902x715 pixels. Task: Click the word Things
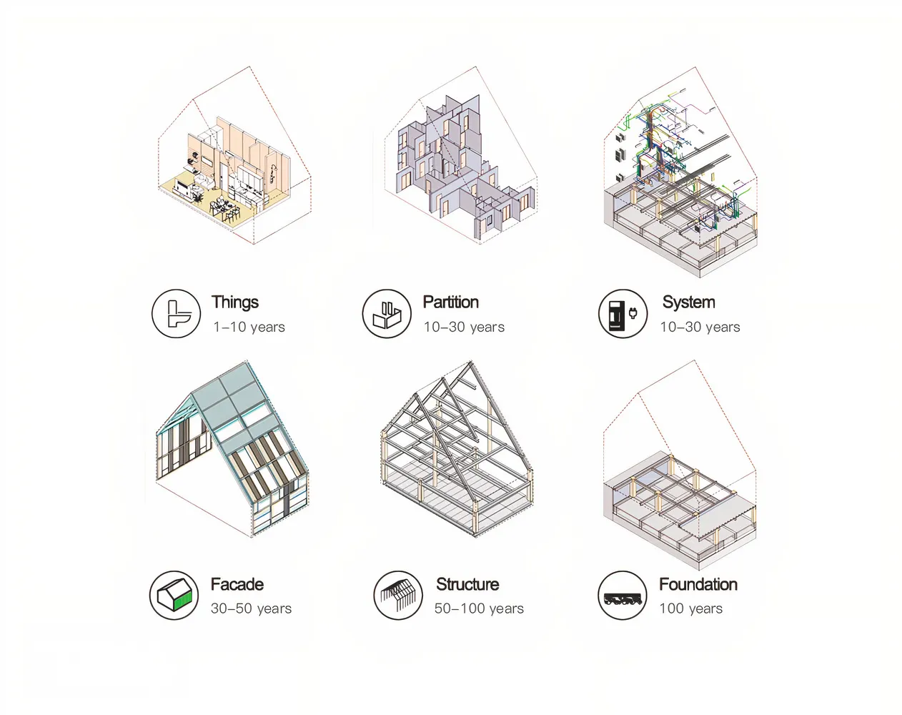pyautogui.click(x=234, y=302)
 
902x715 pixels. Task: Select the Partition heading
pyautogui.click(x=450, y=302)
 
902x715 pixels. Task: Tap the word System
pyautogui.click(x=689, y=302)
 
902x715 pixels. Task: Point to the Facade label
pyautogui.click(x=237, y=584)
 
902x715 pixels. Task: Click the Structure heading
pyautogui.click(x=467, y=584)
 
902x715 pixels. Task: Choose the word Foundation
pyautogui.click(x=698, y=584)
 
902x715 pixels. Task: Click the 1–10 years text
pyautogui.click(x=249, y=327)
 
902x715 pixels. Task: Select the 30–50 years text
pyautogui.click(x=251, y=608)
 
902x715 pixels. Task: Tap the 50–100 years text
pyautogui.click(x=479, y=608)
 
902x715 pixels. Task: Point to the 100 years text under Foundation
pyautogui.click(x=690, y=608)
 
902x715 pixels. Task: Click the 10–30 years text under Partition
pyautogui.click(x=464, y=327)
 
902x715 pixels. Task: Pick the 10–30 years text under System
pyautogui.click(x=700, y=327)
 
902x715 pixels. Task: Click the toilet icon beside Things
pyautogui.click(x=179, y=314)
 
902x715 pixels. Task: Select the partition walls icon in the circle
pyautogui.click(x=387, y=315)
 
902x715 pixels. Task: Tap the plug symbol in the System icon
pyautogui.click(x=633, y=312)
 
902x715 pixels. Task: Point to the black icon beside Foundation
pyautogui.click(x=623, y=600)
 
